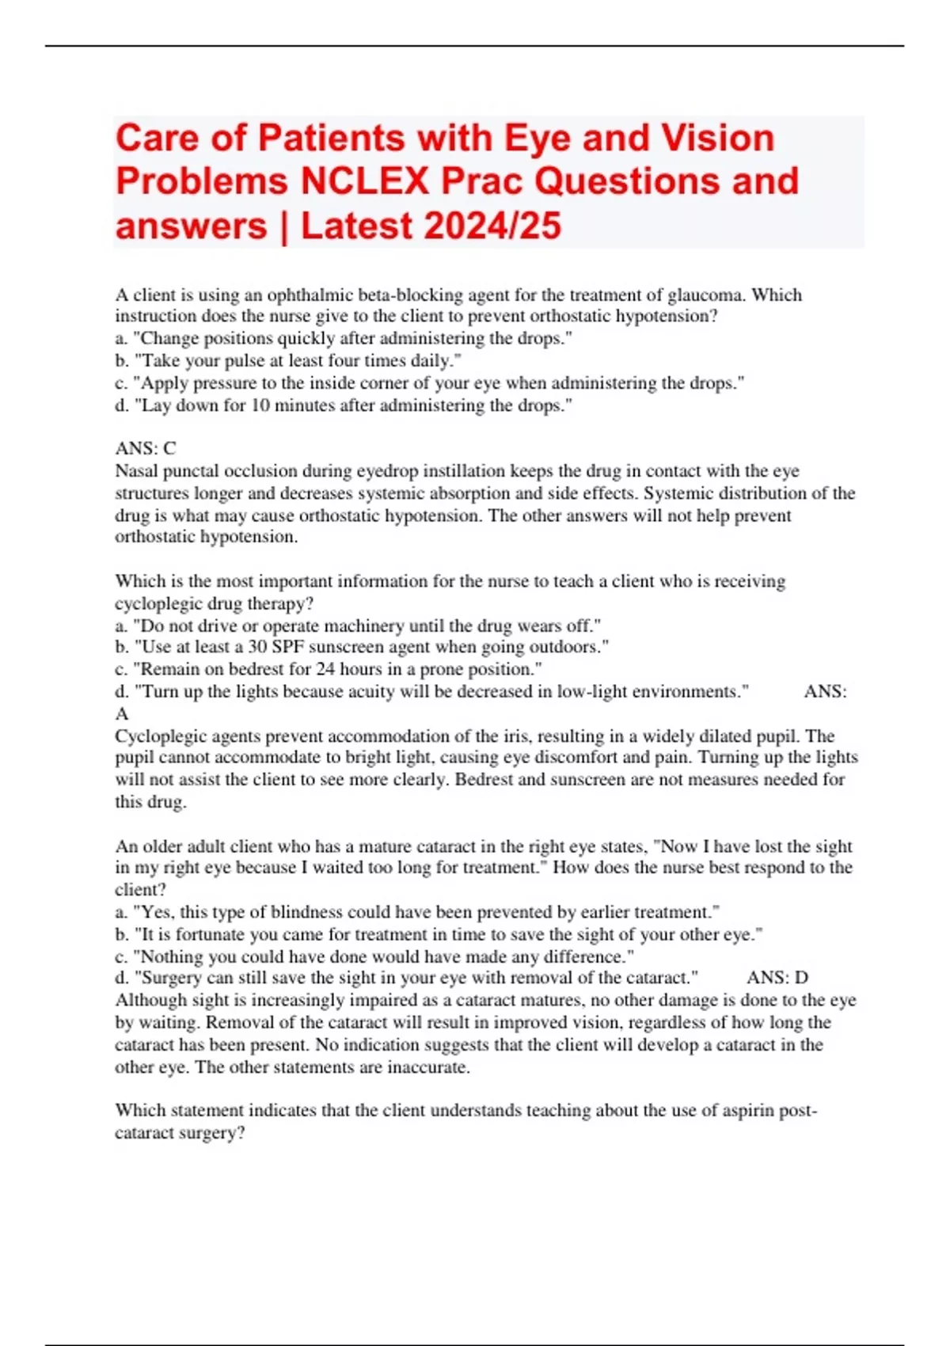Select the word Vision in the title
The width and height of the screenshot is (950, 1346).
click(x=717, y=138)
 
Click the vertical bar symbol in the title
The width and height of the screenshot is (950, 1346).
click(x=284, y=226)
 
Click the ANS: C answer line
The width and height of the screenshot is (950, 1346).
click(x=146, y=448)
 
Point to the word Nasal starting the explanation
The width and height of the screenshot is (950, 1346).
click(x=136, y=470)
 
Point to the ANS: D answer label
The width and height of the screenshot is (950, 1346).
click(x=777, y=977)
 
